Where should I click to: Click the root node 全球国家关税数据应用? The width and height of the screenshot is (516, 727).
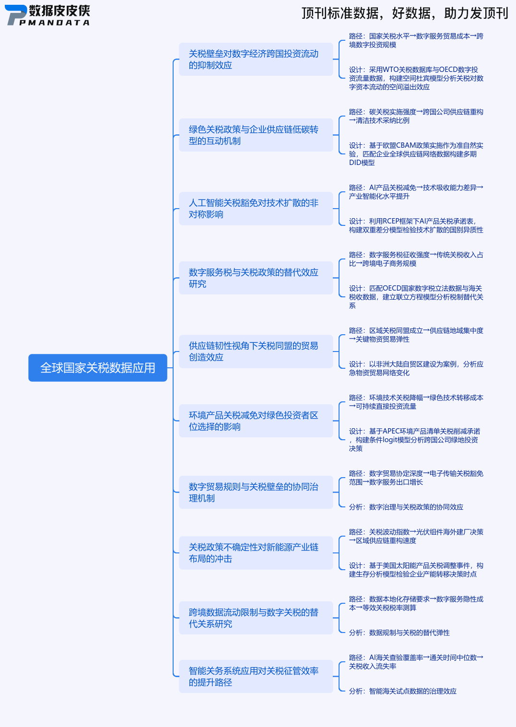coord(98,368)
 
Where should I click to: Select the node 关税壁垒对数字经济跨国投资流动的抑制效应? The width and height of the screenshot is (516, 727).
coord(256,59)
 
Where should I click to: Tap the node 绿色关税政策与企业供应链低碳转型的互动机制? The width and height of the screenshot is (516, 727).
coord(256,135)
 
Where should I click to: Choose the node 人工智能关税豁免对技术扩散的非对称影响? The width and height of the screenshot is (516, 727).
coord(256,209)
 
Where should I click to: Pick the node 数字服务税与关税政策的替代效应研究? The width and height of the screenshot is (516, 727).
coord(256,278)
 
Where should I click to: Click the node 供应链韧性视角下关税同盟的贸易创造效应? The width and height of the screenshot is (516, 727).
coord(256,352)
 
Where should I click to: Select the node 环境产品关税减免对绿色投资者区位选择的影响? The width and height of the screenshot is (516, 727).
coord(256,421)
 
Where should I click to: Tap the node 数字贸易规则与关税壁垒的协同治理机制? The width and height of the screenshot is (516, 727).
coord(256,492)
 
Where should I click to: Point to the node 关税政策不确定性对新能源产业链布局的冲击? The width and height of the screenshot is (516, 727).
coord(256,553)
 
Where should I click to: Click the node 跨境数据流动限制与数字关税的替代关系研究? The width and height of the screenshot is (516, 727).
coord(256,618)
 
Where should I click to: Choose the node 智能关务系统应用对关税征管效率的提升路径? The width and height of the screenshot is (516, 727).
coord(256,677)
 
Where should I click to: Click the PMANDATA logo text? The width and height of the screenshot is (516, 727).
coord(54,23)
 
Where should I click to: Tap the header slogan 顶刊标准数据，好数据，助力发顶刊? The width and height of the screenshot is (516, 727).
coord(405,13)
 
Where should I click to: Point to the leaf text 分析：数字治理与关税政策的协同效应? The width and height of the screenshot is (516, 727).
coord(406,507)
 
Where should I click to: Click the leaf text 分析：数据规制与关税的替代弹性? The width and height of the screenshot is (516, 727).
coord(399,633)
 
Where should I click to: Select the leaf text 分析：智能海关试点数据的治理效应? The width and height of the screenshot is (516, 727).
coord(402,691)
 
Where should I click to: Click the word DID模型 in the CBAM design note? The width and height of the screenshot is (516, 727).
coord(362,163)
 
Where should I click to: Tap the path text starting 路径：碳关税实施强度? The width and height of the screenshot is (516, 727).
coord(416,116)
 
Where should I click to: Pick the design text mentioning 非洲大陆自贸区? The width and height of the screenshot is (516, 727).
coord(416,368)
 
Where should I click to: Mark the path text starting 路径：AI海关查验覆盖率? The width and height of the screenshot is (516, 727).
coord(416,662)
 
